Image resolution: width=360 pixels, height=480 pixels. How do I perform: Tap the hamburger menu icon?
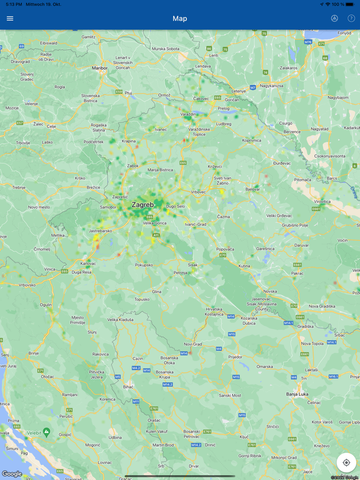[10, 19]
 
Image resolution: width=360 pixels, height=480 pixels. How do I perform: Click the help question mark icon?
[351, 19]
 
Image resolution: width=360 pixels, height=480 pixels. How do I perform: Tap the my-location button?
[346, 463]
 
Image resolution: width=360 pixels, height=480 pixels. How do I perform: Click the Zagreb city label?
[142, 205]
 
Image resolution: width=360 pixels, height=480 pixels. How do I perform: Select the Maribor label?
[100, 67]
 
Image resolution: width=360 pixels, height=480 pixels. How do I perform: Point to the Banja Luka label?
[297, 394]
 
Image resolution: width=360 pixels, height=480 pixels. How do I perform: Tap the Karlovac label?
[88, 263]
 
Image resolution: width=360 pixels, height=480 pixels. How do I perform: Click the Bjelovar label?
[253, 189]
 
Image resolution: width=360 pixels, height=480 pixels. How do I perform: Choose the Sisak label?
[193, 265]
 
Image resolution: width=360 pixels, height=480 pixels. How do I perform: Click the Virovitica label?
[322, 202]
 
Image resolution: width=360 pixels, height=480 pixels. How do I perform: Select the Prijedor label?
[235, 356]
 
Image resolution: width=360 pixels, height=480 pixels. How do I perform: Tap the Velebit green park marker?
[47, 432]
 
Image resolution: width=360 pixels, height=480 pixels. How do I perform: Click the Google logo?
[12, 474]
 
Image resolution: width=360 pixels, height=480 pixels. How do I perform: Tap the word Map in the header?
[180, 19]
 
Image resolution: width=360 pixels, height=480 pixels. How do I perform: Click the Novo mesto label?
[40, 207]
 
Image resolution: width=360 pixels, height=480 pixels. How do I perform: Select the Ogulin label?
[46, 304]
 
